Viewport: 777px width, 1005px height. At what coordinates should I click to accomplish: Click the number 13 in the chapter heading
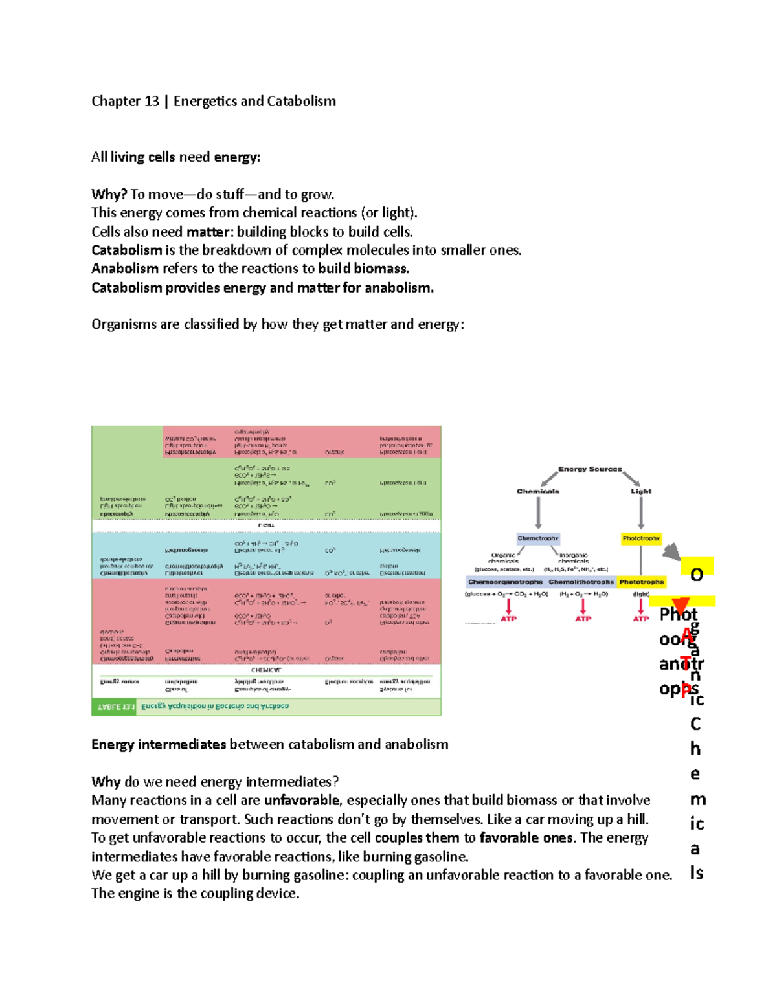pos(152,102)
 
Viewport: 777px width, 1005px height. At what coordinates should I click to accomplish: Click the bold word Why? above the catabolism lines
pos(109,195)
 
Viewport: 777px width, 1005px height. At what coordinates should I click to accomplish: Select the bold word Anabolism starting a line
pos(125,269)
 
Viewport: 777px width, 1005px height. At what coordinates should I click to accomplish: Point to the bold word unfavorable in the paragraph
pos(301,801)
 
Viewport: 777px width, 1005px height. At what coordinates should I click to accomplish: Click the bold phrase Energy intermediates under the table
pos(159,745)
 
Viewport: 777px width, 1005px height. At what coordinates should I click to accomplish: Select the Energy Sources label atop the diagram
pos(590,469)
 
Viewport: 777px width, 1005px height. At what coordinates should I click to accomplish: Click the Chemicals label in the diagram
pos(538,491)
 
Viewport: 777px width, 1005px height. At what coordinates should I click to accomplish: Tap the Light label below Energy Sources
pos(641,491)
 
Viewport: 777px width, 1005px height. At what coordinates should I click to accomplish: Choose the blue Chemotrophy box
pos(538,538)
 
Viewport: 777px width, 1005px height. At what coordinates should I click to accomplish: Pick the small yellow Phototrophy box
pos(641,538)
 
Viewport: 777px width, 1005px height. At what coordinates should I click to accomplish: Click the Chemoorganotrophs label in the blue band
pos(505,582)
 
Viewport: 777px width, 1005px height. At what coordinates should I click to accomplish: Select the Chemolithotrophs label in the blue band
pos(581,582)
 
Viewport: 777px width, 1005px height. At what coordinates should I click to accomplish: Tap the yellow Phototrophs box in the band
pos(641,582)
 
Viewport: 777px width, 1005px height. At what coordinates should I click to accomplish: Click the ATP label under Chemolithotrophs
pos(583,619)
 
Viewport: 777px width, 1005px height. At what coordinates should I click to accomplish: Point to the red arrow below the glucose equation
pos(508,606)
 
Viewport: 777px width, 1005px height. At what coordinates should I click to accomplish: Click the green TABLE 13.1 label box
pos(115,707)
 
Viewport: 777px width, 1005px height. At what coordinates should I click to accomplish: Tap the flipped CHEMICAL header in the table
pos(266,670)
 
